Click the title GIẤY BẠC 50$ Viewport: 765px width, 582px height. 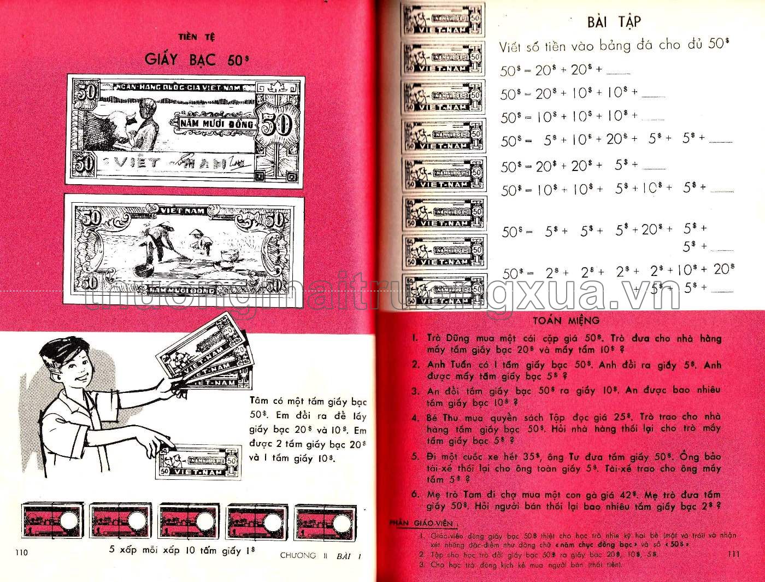tap(193, 59)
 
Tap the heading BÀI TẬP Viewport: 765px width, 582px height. tap(614, 22)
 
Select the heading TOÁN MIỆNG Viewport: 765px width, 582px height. tap(566, 321)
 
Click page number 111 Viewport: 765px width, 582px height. tap(734, 554)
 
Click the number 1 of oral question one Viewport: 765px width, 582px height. tap(415, 339)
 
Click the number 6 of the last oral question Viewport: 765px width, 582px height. tap(415, 495)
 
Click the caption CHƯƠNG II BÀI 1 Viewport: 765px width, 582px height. tap(321, 556)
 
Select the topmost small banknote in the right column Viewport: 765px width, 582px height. tap(442, 19)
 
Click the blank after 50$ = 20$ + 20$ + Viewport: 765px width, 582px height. tap(619, 72)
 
